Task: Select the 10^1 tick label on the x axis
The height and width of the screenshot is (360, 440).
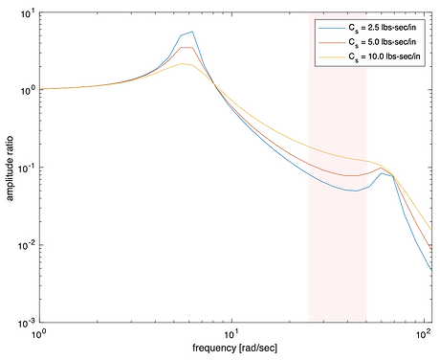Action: click(231, 335)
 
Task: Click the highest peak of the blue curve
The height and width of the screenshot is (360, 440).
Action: click(192, 32)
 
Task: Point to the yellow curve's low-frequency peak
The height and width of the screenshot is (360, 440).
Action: click(183, 63)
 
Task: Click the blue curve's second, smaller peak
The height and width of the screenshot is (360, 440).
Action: click(382, 173)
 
